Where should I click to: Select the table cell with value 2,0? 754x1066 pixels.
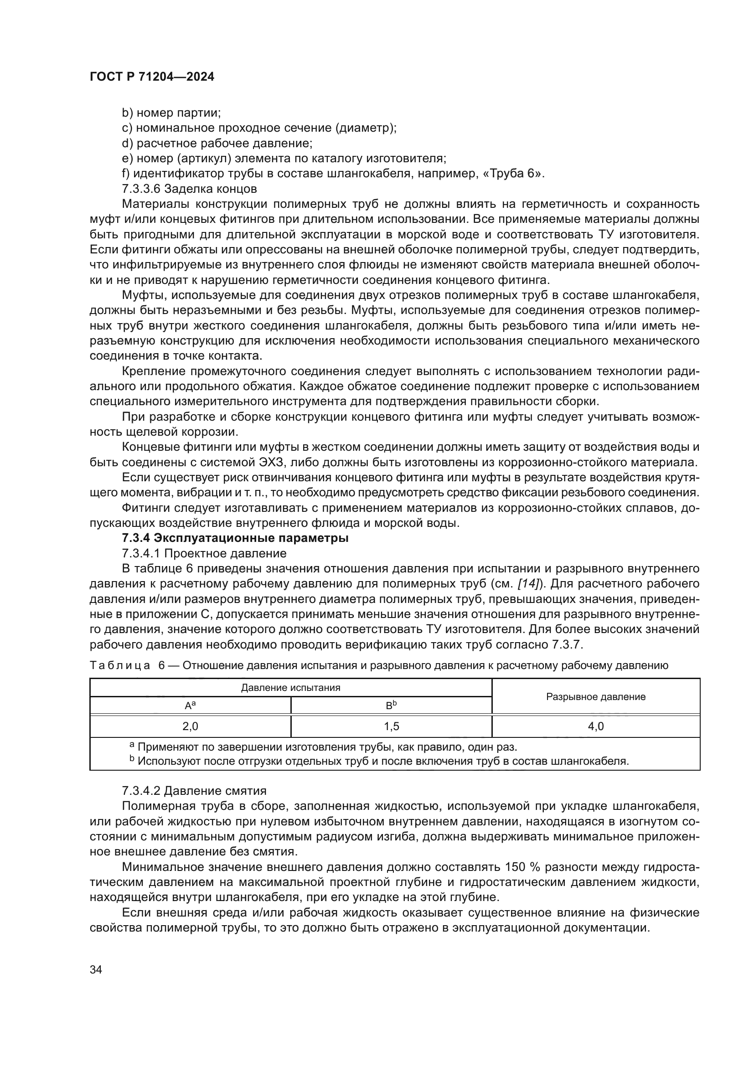pyautogui.click(x=191, y=726)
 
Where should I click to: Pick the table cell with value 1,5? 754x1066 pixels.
pyautogui.click(x=392, y=726)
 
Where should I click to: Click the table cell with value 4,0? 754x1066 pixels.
pyautogui.click(x=596, y=726)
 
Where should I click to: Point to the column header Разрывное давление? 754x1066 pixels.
pyautogui.click(x=596, y=696)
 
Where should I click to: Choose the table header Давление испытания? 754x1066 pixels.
pyautogui.click(x=291, y=688)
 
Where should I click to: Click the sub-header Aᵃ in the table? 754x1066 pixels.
pyautogui.click(x=191, y=705)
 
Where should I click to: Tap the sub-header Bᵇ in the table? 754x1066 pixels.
pyautogui.click(x=392, y=705)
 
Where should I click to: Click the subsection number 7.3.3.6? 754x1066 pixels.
pyautogui.click(x=141, y=189)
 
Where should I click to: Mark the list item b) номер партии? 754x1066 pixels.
pyautogui.click(x=171, y=113)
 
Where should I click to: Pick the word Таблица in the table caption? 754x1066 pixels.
pyautogui.click(x=120, y=665)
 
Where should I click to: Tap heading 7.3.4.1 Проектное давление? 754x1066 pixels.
pyautogui.click(x=204, y=553)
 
